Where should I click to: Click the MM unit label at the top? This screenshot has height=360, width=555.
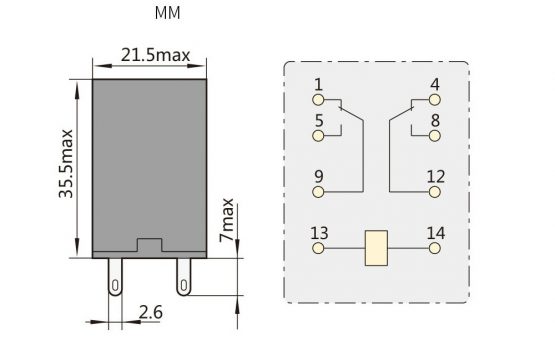point(167,13)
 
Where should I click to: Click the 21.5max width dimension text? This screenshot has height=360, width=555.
point(155,55)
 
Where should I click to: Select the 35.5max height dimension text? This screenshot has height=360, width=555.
point(66,164)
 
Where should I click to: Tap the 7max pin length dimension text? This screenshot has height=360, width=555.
point(226,220)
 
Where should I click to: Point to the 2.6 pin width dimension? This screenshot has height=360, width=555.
point(151,312)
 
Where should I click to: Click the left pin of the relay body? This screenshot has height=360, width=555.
point(115,276)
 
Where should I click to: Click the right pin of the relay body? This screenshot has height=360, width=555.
point(183,276)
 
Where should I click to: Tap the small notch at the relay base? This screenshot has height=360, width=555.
point(149,245)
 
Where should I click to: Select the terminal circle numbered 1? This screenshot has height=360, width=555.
point(318,100)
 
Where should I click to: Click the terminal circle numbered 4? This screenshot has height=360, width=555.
point(435,100)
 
